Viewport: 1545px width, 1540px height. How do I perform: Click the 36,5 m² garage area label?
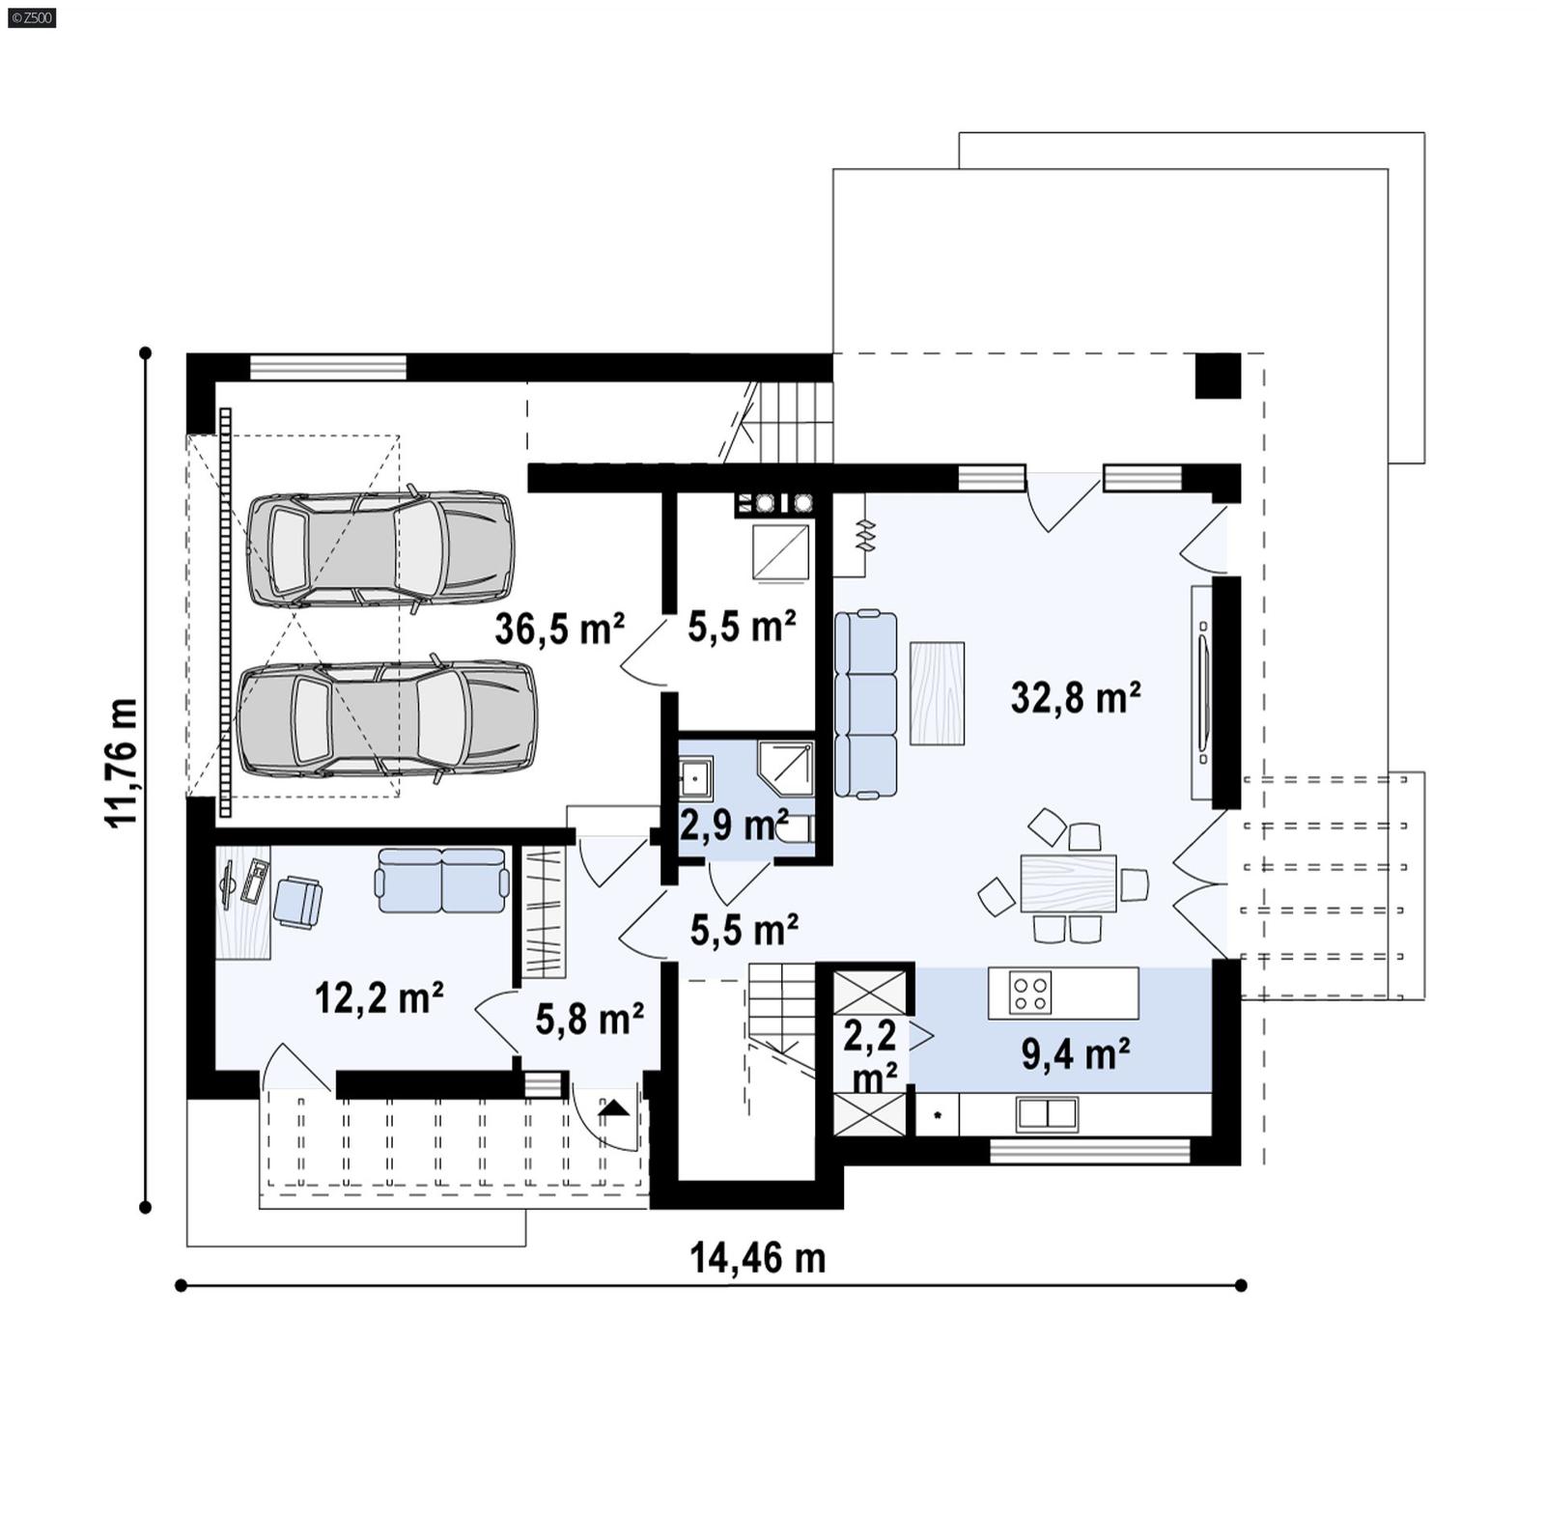pyautogui.click(x=559, y=629)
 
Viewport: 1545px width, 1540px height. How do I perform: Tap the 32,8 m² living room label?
pyautogui.click(x=1076, y=696)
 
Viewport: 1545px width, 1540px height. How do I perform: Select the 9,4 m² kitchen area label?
pyautogui.click(x=1076, y=1054)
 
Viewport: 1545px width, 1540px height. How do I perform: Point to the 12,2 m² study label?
pyautogui.click(x=379, y=997)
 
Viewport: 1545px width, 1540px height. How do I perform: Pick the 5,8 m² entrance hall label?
pyautogui.click(x=589, y=1019)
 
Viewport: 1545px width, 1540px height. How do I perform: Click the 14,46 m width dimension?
pyautogui.click(x=758, y=1258)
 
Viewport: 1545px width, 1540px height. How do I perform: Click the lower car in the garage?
pyautogui.click(x=386, y=719)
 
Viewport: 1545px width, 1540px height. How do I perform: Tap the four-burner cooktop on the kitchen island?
pyautogui.click(x=1029, y=994)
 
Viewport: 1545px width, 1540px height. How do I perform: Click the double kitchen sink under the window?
pyautogui.click(x=1047, y=1114)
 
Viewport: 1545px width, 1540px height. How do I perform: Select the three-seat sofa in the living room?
pyautogui.click(x=865, y=704)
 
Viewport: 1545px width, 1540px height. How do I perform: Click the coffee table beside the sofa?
pyautogui.click(x=937, y=692)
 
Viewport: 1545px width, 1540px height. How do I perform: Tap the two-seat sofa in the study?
pyautogui.click(x=442, y=880)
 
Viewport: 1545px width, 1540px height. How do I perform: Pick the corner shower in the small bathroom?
pyautogui.click(x=786, y=768)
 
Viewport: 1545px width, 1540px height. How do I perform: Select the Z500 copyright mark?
pyautogui.click(x=31, y=17)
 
